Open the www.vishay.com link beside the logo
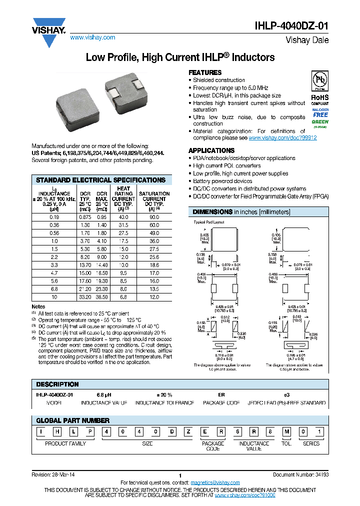pyautogui.click(x=92, y=37)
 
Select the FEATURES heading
pyautogui.click(x=205, y=72)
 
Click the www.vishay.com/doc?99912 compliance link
pyautogui.click(x=282, y=137)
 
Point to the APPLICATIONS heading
pyautogui.click(x=211, y=150)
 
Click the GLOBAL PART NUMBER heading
pyautogui.click(x=72, y=420)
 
